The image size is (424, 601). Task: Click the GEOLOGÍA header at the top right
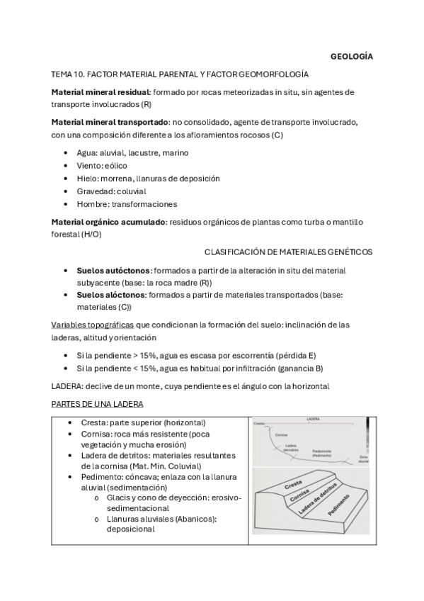(x=353, y=56)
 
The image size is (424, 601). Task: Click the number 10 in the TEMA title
(x=79, y=74)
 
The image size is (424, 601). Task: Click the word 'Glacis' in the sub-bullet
(x=118, y=498)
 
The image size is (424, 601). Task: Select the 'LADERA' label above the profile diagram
(x=314, y=420)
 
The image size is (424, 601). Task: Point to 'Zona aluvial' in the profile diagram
(x=364, y=460)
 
